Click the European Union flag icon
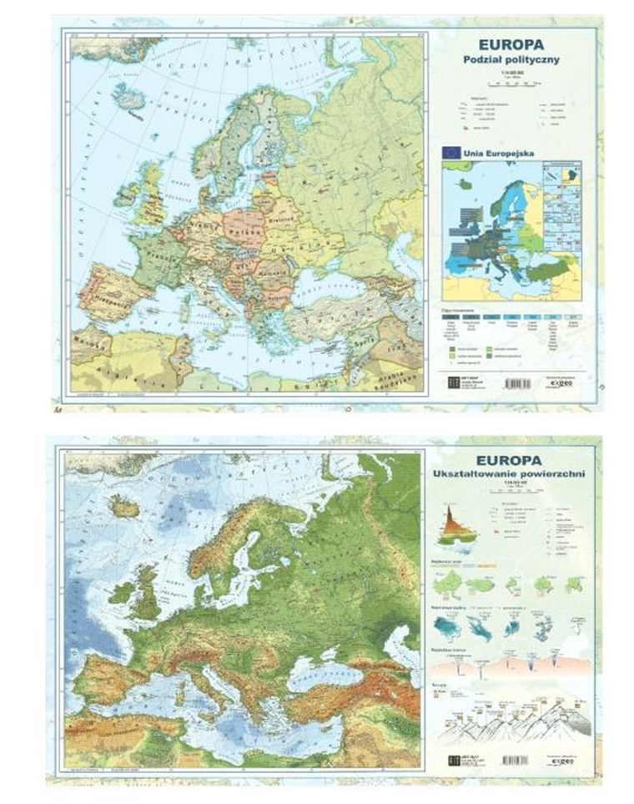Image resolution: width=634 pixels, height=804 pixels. [x=451, y=152]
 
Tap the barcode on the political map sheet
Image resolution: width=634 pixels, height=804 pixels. [x=517, y=382]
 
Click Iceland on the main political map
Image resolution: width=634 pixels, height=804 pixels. [x=129, y=98]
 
